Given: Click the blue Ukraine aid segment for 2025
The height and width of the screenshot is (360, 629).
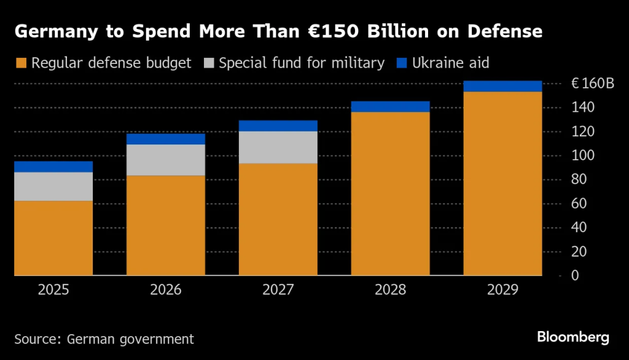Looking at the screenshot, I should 53,166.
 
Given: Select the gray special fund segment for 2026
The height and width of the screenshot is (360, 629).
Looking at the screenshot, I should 166,160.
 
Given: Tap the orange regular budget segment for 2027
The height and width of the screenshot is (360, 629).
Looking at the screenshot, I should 278,219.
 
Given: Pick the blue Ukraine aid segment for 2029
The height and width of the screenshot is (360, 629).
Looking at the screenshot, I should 502,86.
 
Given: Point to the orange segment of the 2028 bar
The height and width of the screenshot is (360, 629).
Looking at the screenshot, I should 390,194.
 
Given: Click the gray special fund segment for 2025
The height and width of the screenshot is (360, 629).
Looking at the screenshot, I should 53,186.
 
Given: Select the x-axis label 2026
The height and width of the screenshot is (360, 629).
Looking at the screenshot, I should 166,290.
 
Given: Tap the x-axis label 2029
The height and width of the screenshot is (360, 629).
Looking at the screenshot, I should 502,290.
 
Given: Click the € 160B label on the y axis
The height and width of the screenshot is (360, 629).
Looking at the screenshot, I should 592,84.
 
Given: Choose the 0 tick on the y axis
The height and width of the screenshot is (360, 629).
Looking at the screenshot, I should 574,276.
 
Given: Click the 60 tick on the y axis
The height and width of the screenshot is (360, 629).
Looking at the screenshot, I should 579,203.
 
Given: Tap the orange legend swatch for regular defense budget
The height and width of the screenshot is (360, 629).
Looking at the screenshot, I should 21,63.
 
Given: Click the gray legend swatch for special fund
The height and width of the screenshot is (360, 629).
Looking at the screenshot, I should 209,63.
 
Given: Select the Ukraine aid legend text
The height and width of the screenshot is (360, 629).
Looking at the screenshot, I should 450,63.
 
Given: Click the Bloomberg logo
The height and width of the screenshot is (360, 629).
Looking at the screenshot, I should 572,337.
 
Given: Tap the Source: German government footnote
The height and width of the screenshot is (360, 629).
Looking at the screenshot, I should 104,338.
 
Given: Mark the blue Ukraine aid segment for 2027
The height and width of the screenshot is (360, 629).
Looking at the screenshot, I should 278,125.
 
